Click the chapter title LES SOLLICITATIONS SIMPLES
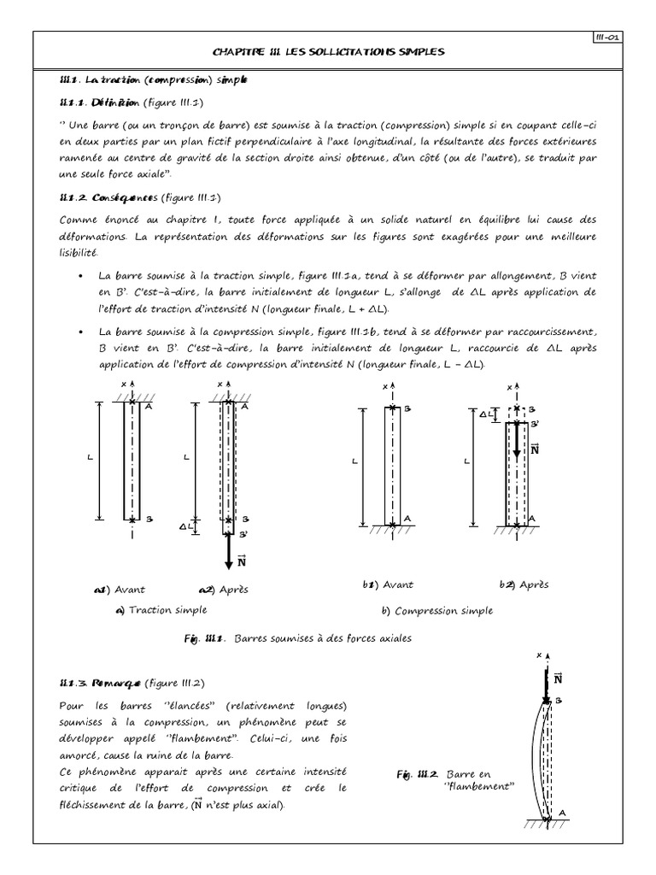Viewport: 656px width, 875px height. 328,53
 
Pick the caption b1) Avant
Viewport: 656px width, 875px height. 388,585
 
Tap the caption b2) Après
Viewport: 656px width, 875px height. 524,585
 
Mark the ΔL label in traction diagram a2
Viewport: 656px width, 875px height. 184,527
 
